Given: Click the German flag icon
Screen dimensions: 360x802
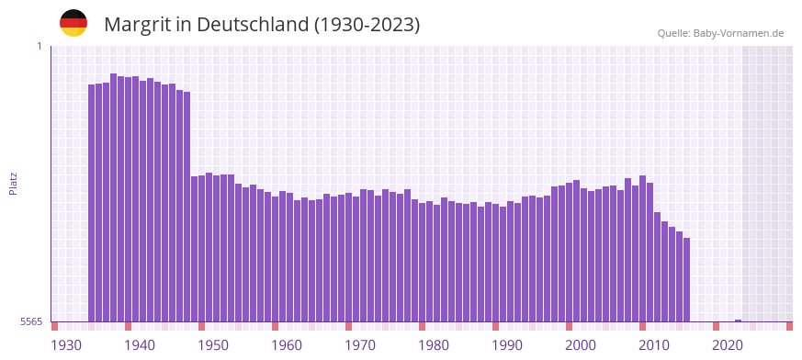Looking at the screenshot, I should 73,24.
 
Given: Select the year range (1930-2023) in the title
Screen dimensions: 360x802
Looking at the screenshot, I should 367,25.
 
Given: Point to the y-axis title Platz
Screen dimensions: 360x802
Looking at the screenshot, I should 13,184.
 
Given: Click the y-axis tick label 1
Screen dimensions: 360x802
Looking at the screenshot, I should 39,46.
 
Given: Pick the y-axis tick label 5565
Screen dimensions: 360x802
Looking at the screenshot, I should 30,321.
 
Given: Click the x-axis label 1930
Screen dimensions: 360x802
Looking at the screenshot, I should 66,345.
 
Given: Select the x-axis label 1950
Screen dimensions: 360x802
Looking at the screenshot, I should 213,345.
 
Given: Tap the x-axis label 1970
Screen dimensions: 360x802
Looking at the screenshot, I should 360,345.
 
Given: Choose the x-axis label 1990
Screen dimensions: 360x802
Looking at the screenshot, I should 507,345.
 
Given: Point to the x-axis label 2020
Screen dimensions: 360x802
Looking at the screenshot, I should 728,345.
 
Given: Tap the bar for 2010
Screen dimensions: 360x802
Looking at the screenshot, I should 643,248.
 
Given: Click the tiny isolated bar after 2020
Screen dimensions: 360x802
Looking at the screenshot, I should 739,321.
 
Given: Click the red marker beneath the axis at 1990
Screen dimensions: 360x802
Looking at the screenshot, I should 496,326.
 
